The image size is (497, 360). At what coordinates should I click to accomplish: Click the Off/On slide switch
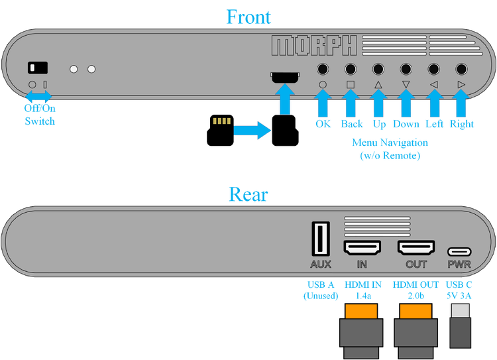(38, 68)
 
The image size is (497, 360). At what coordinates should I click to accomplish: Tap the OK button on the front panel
(323, 69)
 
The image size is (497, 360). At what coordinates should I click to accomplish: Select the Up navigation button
(378, 69)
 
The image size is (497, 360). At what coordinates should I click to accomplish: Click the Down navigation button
(406, 69)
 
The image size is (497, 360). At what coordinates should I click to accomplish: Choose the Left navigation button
(433, 69)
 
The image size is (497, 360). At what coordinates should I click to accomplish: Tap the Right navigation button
(461, 69)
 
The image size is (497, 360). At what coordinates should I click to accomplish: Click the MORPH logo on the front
(314, 46)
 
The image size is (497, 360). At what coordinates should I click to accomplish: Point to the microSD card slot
(285, 77)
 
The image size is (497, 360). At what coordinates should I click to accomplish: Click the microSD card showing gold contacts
(220, 131)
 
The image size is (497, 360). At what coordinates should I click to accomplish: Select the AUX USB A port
(321, 239)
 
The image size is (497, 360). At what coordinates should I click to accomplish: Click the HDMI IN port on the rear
(362, 247)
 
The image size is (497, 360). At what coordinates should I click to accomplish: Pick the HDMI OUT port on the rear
(416, 247)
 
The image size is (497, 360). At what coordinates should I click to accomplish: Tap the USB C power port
(459, 252)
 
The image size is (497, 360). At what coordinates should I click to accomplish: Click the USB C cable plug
(461, 326)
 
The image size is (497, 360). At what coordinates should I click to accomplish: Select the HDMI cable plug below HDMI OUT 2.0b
(416, 331)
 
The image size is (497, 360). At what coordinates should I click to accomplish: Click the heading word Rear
(248, 194)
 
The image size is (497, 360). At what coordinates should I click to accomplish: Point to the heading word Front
(248, 17)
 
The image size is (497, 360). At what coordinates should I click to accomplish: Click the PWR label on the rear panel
(459, 265)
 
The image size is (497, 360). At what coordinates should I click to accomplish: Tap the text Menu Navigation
(390, 143)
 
